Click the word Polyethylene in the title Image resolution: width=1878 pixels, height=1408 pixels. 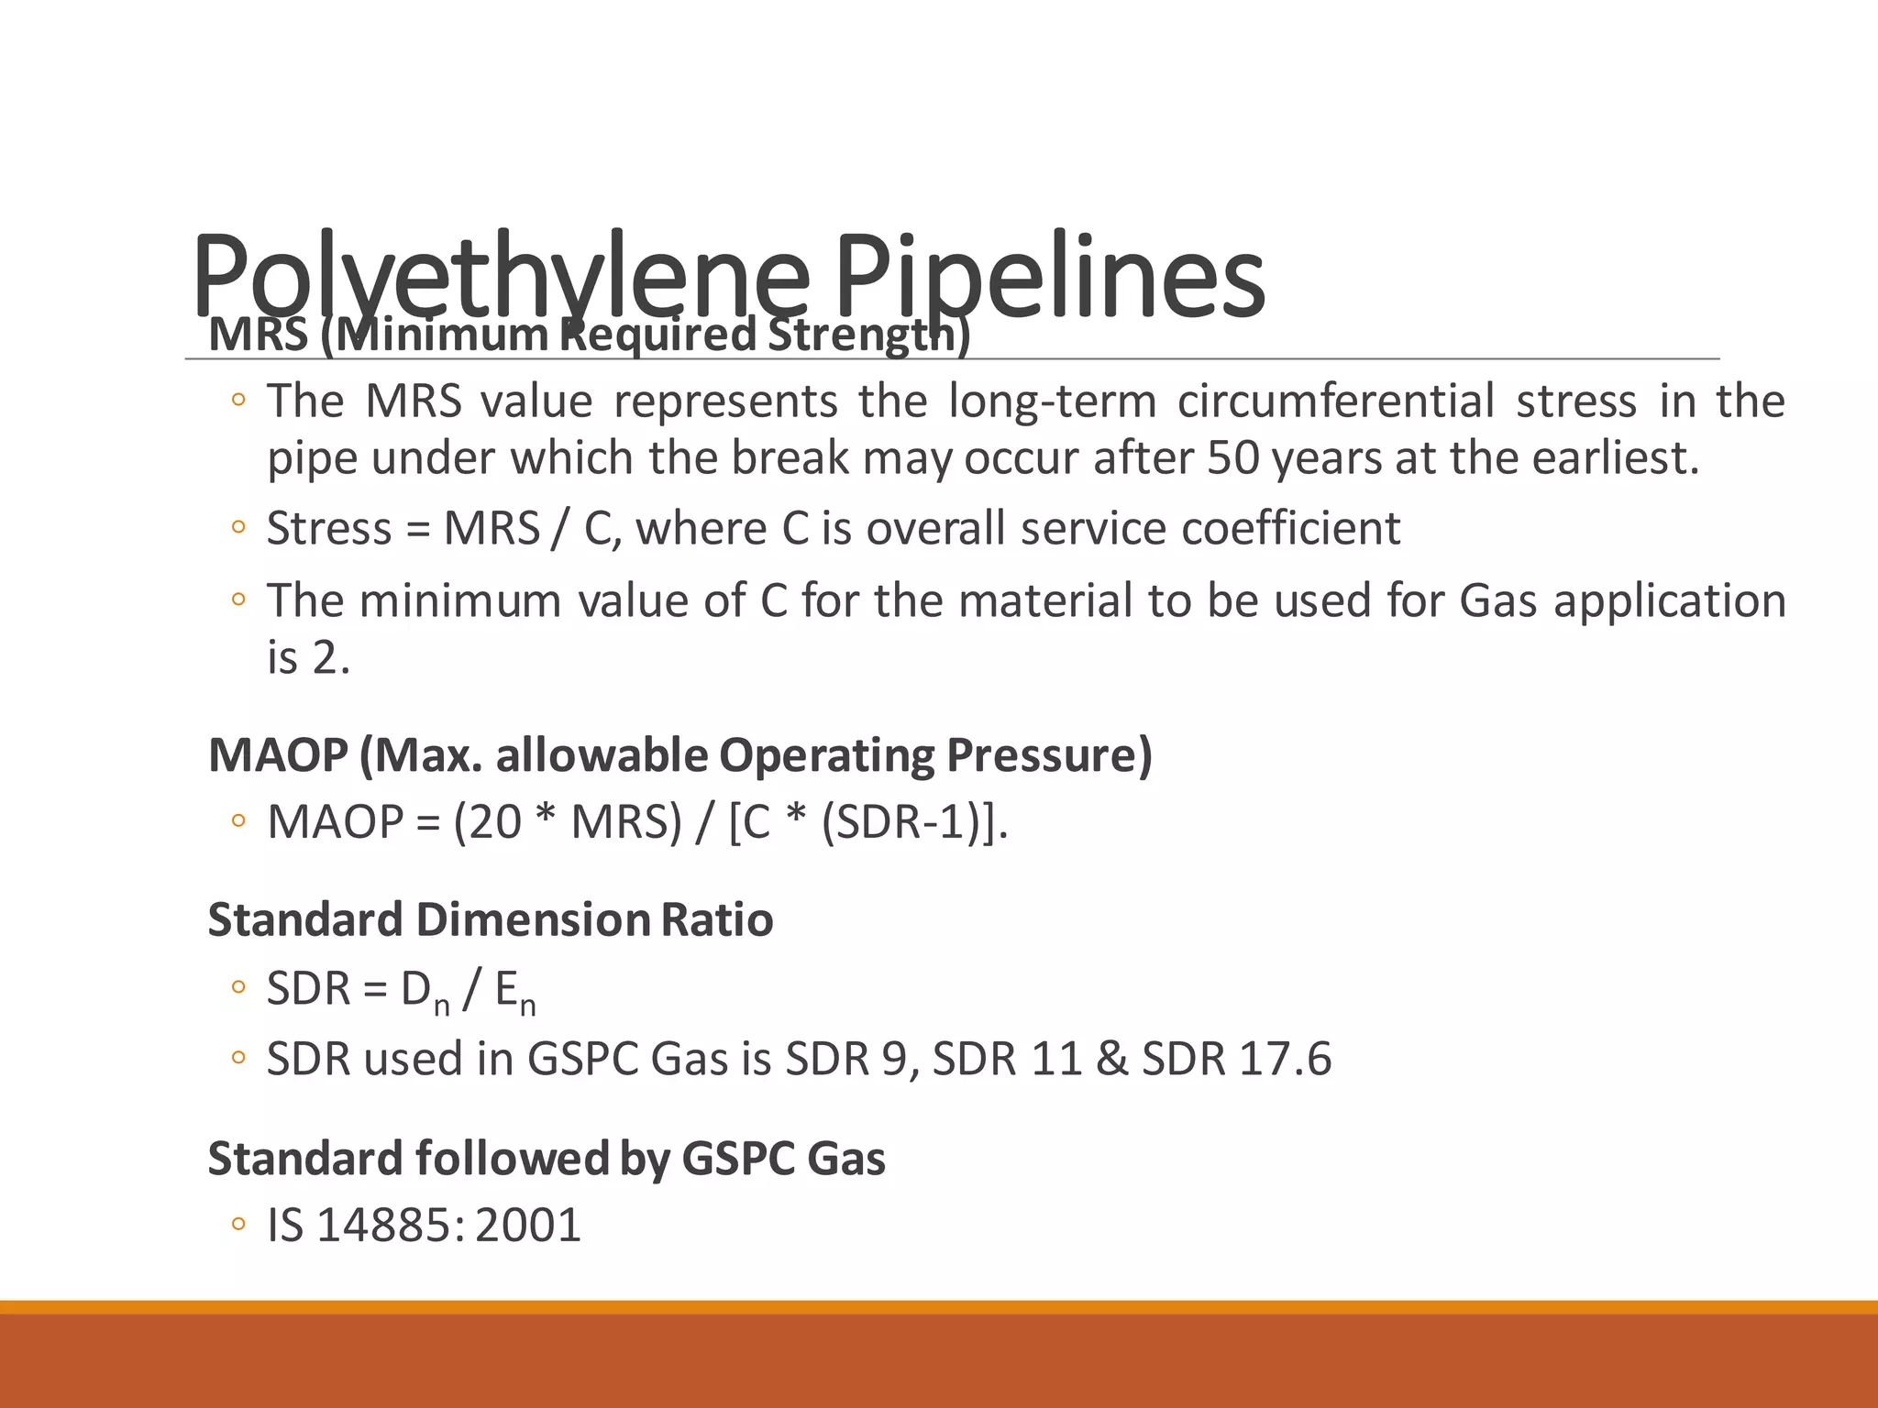501,275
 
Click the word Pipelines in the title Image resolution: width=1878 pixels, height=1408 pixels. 1049,275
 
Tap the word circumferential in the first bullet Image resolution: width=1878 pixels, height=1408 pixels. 1335,401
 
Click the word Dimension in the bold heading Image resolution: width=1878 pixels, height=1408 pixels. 532,919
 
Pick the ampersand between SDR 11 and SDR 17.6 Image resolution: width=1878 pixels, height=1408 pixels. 1110,1060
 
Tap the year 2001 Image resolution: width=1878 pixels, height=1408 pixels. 528,1226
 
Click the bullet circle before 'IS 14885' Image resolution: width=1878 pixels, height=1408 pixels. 238,1225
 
